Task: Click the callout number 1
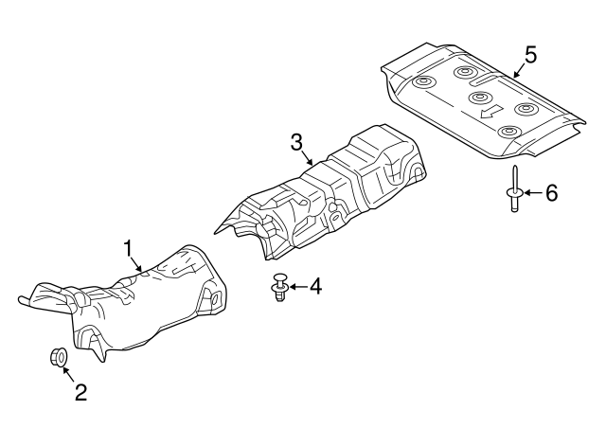coord(128,248)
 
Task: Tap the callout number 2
coord(80,392)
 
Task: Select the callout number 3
coord(296,142)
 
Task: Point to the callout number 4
coord(315,286)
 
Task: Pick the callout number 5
coord(530,55)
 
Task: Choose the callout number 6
coord(551,192)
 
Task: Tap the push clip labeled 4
coord(279,287)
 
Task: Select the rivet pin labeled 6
coord(515,188)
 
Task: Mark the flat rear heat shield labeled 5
coord(483,101)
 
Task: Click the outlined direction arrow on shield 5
coord(490,112)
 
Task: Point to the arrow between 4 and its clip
coord(299,287)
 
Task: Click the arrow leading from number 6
coord(534,192)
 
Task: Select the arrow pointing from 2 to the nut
coord(68,373)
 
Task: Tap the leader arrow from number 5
coord(520,71)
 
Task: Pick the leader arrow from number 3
coord(307,157)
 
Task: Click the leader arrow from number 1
coord(135,263)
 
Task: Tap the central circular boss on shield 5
coord(480,97)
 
